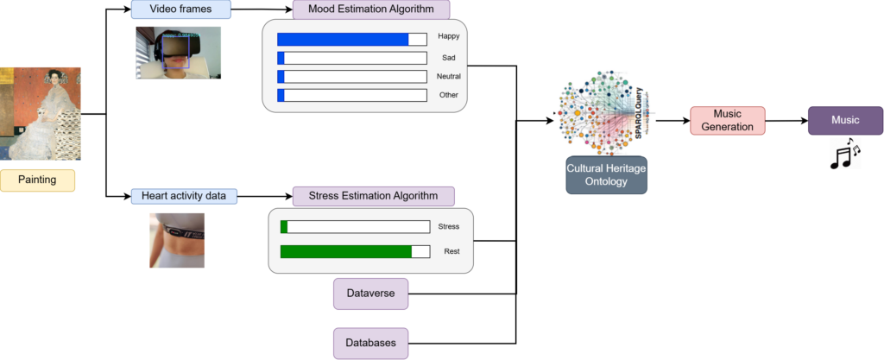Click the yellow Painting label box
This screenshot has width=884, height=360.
tap(38, 180)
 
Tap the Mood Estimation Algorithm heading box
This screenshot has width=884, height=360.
tap(371, 9)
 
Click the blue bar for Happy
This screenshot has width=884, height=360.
tap(343, 39)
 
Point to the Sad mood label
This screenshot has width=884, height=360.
tap(449, 58)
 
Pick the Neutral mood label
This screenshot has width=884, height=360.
tap(449, 77)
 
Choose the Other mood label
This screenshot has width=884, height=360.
tap(449, 95)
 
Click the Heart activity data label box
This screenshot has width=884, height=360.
tap(184, 196)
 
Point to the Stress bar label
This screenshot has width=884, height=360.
tap(450, 226)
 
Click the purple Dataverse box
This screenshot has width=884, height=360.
tap(370, 294)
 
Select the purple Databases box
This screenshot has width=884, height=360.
tap(370, 343)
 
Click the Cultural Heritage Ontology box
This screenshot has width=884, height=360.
tap(606, 174)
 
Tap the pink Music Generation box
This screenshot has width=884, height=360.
tap(727, 121)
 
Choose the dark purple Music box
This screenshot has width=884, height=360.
tap(845, 121)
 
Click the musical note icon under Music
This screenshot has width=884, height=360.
tap(845, 154)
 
